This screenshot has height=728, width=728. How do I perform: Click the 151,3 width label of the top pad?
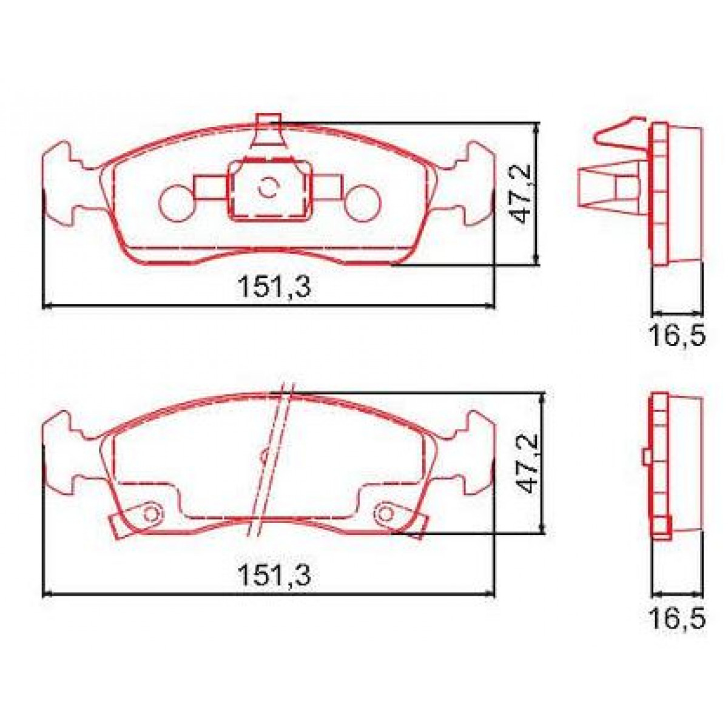274,287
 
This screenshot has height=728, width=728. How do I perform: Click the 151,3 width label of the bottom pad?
274,575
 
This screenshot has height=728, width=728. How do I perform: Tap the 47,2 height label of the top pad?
523,194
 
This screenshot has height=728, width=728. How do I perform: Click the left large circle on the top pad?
178,201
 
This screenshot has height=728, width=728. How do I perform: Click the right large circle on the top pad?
363,201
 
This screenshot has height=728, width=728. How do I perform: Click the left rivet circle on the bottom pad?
150,514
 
